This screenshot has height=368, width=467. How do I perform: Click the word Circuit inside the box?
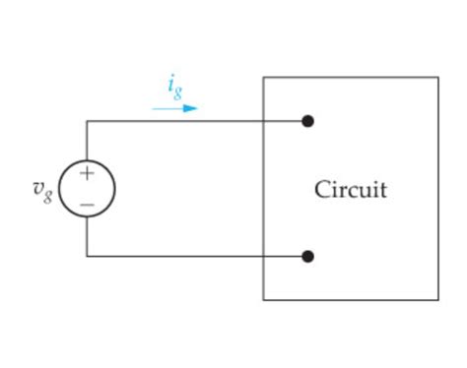350,189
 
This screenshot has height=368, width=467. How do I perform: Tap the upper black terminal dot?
307,121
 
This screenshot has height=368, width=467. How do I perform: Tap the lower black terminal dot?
307,256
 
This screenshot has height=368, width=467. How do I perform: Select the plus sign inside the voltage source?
87,174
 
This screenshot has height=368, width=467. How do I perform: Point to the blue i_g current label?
174,88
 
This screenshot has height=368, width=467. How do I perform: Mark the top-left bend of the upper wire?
87,121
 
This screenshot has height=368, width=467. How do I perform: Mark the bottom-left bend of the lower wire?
87,256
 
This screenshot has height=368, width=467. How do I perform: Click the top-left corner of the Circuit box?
263,78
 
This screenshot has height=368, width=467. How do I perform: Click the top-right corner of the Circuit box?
438,78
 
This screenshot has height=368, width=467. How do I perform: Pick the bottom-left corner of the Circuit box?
263,299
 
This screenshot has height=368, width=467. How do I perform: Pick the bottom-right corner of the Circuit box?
438,299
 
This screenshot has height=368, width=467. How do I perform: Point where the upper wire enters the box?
263,121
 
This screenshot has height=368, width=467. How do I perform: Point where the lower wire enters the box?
263,256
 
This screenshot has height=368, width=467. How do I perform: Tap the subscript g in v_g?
47,193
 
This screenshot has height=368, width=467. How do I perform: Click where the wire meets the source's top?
87,160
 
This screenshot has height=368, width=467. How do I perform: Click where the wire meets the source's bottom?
87,216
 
